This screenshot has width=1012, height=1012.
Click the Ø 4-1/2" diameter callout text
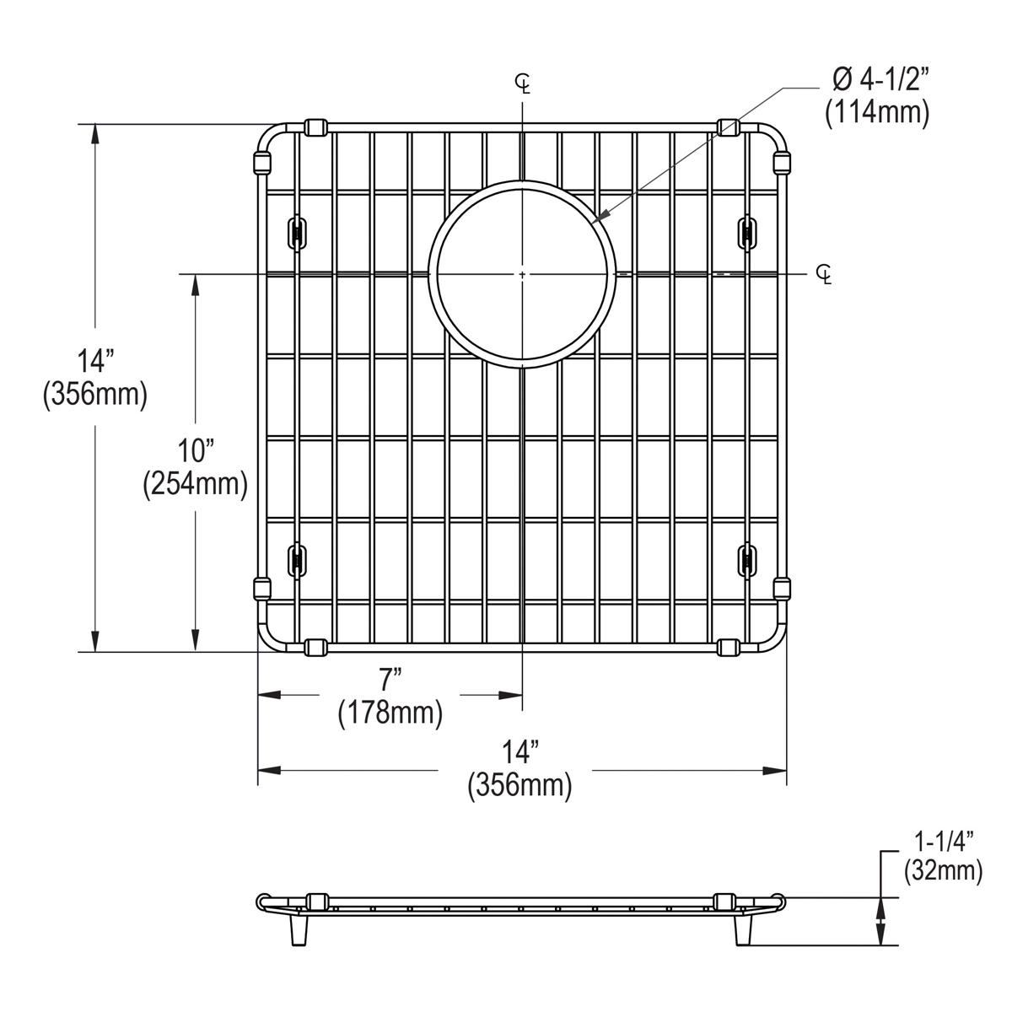(x=877, y=80)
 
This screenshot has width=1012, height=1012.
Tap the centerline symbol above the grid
(x=524, y=83)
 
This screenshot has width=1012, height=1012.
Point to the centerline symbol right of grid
(x=824, y=274)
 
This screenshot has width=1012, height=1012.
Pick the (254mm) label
(x=195, y=483)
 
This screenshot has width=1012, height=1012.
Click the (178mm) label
(x=390, y=713)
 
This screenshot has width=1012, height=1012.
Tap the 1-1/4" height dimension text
(x=944, y=840)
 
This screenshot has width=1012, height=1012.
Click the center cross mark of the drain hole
(x=523, y=274)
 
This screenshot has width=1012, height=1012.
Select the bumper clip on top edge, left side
(x=315, y=127)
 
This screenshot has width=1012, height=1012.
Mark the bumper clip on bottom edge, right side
(x=729, y=647)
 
